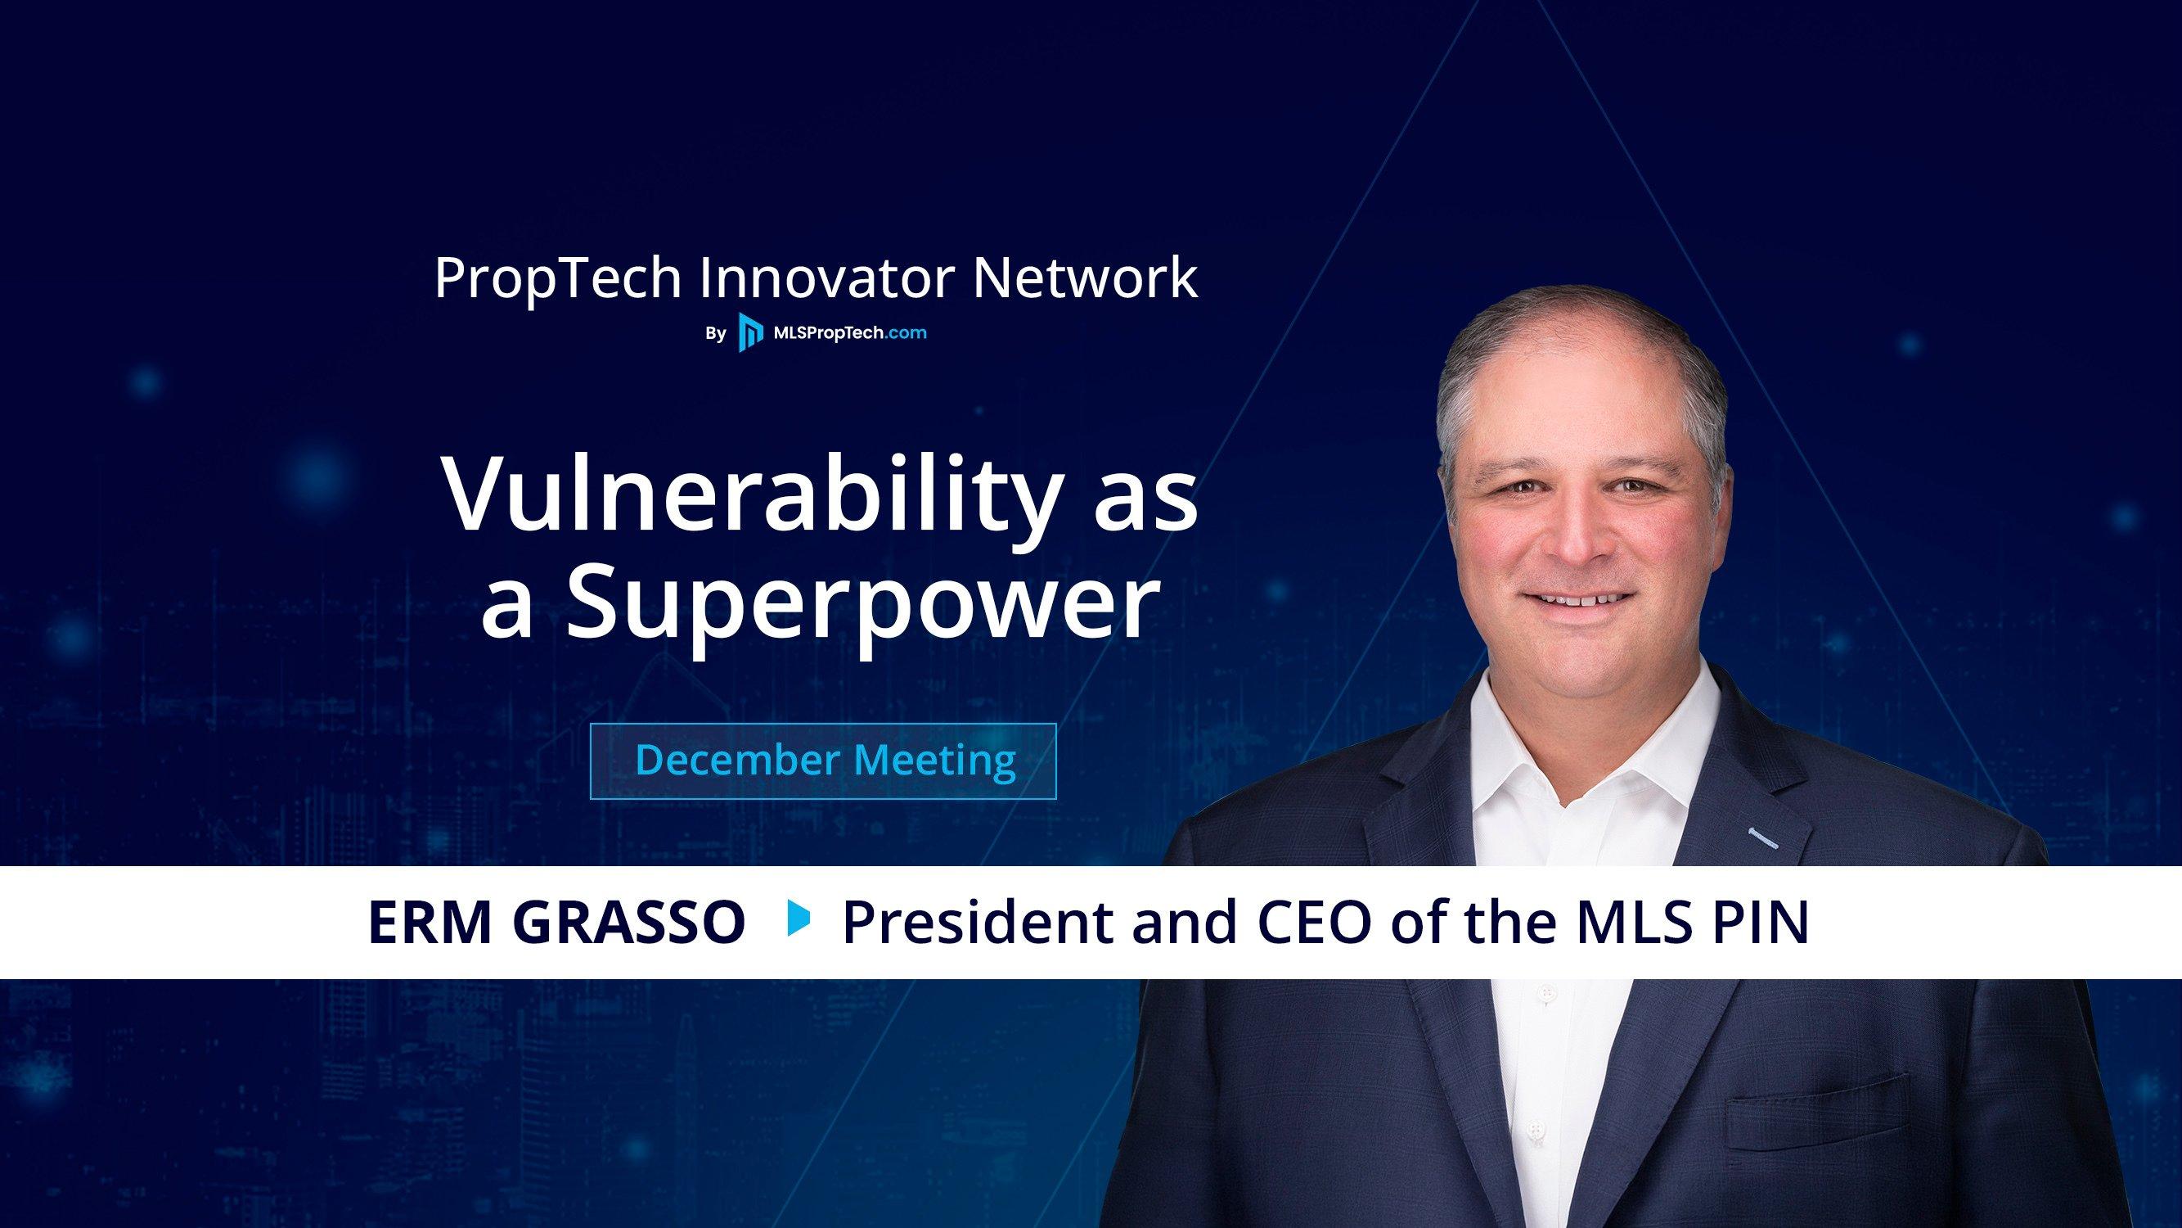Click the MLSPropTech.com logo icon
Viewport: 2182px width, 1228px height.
(749, 333)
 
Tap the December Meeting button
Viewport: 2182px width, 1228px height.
(822, 761)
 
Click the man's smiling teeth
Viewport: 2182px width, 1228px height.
(1577, 600)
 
